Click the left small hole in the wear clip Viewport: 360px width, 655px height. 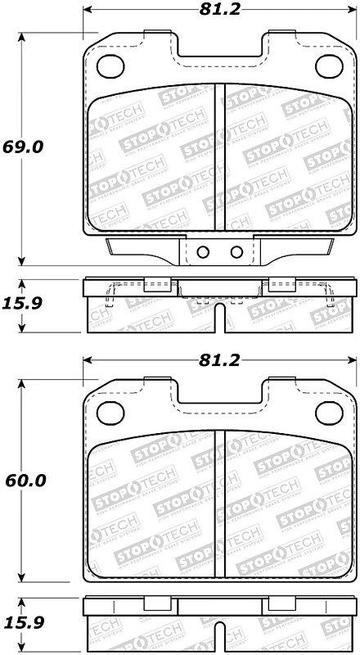click(x=204, y=251)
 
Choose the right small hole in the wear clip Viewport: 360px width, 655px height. click(x=236, y=251)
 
